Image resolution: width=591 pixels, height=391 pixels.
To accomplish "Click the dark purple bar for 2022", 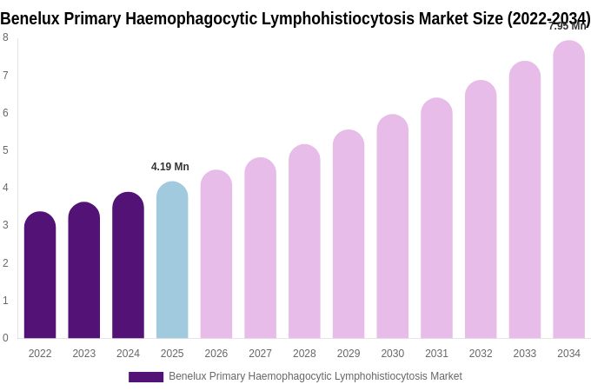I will point(40,275).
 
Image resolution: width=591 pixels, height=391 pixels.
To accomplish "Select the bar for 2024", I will point(128,266).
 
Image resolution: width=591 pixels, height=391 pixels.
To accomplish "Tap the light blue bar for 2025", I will point(172,261).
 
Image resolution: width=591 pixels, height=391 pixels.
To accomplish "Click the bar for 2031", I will point(436,219).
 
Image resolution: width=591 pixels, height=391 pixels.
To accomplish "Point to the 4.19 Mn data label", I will point(170,167).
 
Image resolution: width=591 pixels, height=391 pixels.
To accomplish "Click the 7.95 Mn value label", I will point(568,26).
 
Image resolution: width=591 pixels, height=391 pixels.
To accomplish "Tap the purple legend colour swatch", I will point(146,377).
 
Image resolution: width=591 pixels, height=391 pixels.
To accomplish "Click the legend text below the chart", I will point(315,376).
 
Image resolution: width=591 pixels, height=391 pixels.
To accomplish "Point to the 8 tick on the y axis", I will point(5,37).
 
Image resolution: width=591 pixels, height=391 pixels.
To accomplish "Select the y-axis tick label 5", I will point(5,150).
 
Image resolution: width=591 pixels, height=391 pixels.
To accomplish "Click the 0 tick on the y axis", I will point(5,338).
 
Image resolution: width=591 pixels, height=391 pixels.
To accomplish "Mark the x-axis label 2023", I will point(84,354).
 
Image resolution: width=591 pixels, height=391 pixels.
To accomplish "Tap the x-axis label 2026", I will point(216,354).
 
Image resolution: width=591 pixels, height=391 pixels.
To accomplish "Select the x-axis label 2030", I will point(392,354).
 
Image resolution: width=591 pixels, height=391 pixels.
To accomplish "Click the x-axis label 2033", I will point(524,354).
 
